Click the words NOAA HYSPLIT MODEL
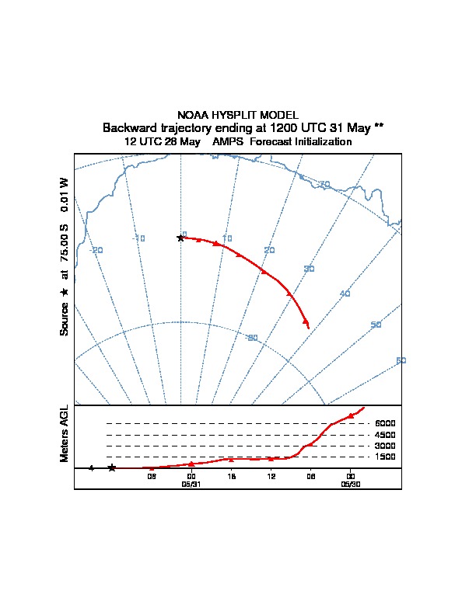[x=237, y=115]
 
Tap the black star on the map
[x=180, y=238]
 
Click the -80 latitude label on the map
[x=251, y=338]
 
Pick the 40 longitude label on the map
[x=345, y=294]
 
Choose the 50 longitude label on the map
[x=376, y=325]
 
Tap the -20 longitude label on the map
[x=96, y=250]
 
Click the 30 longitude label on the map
[x=309, y=269]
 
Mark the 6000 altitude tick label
[x=385, y=423]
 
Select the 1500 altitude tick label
[x=385, y=457]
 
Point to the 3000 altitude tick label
[x=385, y=446]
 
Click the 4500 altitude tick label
[x=385, y=435]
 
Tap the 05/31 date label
[x=191, y=483]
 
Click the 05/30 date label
[x=350, y=483]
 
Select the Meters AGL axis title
[x=65, y=433]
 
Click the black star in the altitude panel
[x=112, y=467]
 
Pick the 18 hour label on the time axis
[x=231, y=476]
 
